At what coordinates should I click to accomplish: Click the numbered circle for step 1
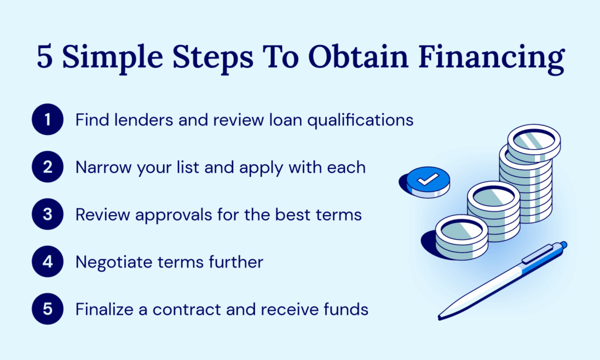[47, 120]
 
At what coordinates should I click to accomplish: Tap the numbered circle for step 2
[47, 168]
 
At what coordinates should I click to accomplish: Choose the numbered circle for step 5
[47, 309]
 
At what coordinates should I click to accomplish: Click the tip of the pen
[441, 317]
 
